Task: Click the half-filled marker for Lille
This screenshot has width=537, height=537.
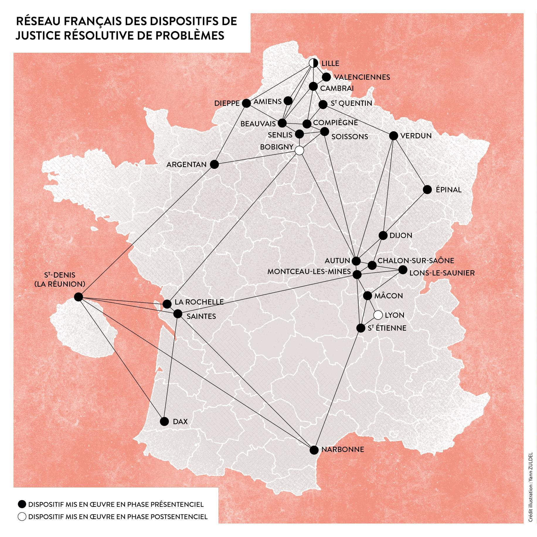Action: pyautogui.click(x=313, y=63)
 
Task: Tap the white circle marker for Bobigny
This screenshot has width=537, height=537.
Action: pyautogui.click(x=299, y=150)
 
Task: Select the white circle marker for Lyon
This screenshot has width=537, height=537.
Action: pyautogui.click(x=378, y=315)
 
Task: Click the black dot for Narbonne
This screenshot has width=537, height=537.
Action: pyautogui.click(x=314, y=450)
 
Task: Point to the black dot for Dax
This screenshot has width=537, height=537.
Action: pyautogui.click(x=164, y=421)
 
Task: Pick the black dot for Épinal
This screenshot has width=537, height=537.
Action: pyautogui.click(x=427, y=190)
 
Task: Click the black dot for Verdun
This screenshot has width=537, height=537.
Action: pyautogui.click(x=394, y=136)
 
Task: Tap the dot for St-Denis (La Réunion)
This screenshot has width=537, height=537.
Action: pyautogui.click(x=78, y=297)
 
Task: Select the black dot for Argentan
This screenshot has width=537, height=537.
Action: pyautogui.click(x=215, y=164)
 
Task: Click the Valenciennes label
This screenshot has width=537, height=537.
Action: pyautogui.click(x=362, y=77)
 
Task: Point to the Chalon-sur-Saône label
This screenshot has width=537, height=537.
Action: pyautogui.click(x=416, y=261)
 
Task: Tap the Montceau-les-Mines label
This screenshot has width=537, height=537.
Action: pyautogui.click(x=309, y=272)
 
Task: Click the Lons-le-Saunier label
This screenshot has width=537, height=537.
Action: pyautogui.click(x=442, y=273)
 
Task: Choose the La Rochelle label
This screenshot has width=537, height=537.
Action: pyautogui.click(x=199, y=302)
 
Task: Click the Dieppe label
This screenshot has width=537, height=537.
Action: pyautogui.click(x=227, y=103)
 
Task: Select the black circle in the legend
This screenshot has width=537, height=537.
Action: pyautogui.click(x=22, y=504)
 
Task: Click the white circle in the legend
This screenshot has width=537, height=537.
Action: pyautogui.click(x=22, y=517)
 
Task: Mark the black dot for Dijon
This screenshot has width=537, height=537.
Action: pyautogui.click(x=383, y=235)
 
